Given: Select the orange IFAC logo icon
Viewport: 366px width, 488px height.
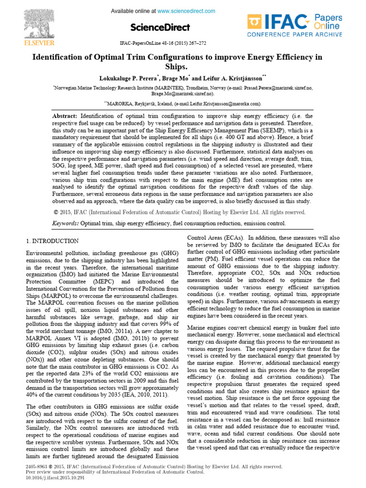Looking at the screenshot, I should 255,22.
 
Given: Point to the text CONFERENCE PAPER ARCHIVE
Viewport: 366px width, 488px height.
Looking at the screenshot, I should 295,34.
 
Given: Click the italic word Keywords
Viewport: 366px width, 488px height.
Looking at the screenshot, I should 65,223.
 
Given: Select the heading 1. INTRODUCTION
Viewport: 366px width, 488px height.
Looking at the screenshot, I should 52,241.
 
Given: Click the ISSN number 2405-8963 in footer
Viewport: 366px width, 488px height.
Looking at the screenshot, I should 38,467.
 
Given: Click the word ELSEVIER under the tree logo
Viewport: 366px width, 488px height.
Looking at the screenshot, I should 30,42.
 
